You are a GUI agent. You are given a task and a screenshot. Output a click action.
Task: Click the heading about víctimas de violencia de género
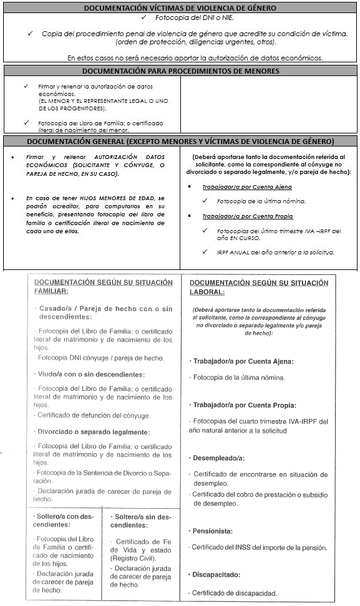tap(180, 8)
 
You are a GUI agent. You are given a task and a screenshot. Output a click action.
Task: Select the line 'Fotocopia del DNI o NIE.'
tap(185, 19)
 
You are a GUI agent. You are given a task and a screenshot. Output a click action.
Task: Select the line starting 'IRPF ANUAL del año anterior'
tap(275, 252)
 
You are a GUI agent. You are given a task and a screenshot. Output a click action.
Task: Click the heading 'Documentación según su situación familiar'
tap(103, 287)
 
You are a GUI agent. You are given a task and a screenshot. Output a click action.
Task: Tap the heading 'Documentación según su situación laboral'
tap(258, 287)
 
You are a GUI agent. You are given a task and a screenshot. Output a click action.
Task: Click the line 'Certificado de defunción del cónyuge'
tap(94, 415)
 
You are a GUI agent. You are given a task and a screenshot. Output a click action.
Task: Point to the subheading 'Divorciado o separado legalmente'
tap(93, 431)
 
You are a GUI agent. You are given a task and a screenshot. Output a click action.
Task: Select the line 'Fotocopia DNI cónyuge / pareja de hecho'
tap(101, 358)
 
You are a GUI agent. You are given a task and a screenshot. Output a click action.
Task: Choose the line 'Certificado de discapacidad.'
tap(232, 593)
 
